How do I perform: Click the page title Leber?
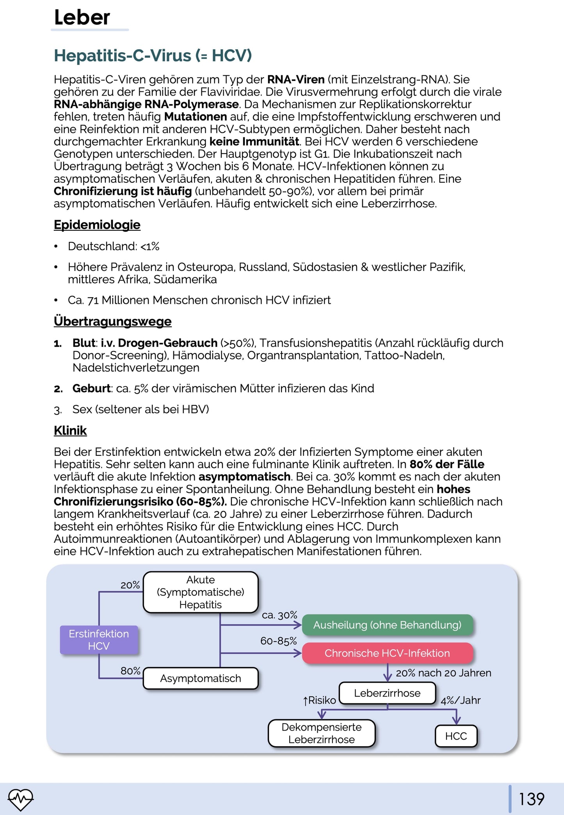click(82, 18)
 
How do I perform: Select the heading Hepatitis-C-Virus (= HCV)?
click(153, 55)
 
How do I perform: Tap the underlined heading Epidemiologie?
click(97, 225)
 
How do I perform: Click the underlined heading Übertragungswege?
click(112, 321)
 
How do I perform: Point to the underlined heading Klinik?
click(70, 430)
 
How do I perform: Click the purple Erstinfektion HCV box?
click(99, 640)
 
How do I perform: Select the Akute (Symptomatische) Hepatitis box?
click(201, 592)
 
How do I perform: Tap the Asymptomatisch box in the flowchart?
click(201, 678)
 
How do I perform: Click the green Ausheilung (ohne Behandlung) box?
click(387, 625)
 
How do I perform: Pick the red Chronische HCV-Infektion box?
click(387, 653)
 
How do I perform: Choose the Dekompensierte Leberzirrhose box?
click(322, 733)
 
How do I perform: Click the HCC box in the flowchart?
click(456, 736)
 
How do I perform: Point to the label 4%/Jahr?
click(461, 701)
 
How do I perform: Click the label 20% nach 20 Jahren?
click(443, 673)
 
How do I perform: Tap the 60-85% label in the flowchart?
click(279, 641)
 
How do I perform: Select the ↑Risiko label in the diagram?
click(319, 701)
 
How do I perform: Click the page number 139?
click(531, 799)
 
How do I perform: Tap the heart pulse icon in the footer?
click(21, 799)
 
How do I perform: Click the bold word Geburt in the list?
click(91, 389)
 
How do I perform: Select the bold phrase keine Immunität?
click(254, 141)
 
